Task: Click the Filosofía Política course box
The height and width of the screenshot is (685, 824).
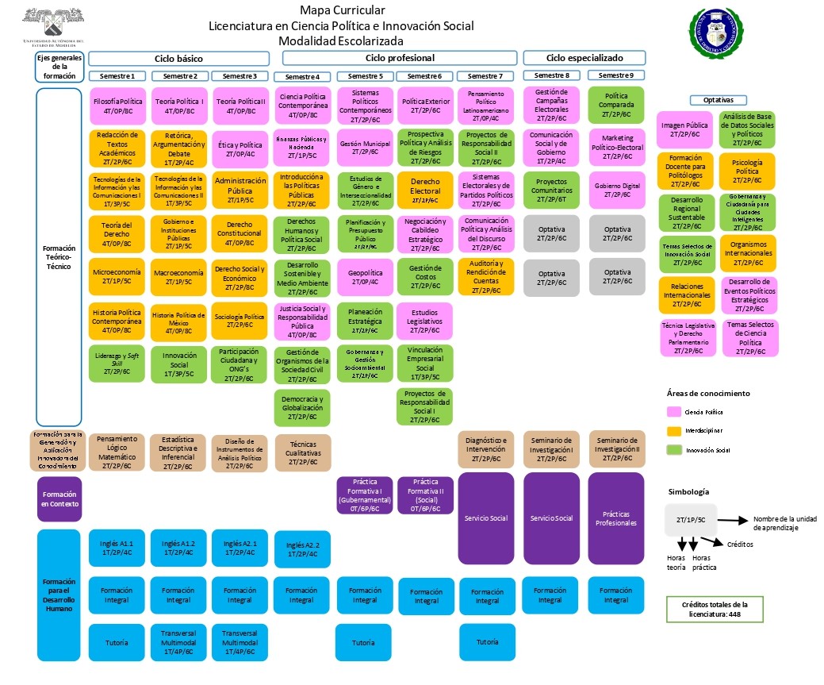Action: (118, 106)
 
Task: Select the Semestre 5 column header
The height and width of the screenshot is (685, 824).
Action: (365, 76)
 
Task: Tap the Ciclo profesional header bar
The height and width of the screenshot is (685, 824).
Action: (400, 58)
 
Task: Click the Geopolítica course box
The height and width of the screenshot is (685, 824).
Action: (365, 277)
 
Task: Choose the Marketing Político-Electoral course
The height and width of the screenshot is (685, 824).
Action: (617, 148)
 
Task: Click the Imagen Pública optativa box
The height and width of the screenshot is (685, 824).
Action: (684, 129)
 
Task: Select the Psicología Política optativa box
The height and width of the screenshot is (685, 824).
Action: (748, 171)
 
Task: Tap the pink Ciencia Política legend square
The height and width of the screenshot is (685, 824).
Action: (675, 412)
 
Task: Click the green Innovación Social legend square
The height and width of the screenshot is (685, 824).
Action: (675, 450)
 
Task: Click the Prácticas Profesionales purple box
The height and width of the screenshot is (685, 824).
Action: (616, 518)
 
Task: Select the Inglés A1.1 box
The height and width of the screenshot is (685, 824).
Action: (118, 547)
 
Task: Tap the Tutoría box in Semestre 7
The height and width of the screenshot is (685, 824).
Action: (488, 641)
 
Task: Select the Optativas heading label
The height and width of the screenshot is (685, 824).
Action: (718, 100)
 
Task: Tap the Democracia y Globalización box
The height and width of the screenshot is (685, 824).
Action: (301, 406)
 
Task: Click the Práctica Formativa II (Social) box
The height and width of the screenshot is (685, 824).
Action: (425, 495)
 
